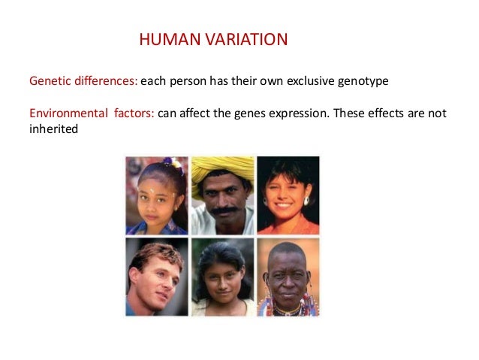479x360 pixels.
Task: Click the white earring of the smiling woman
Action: [306, 201]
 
